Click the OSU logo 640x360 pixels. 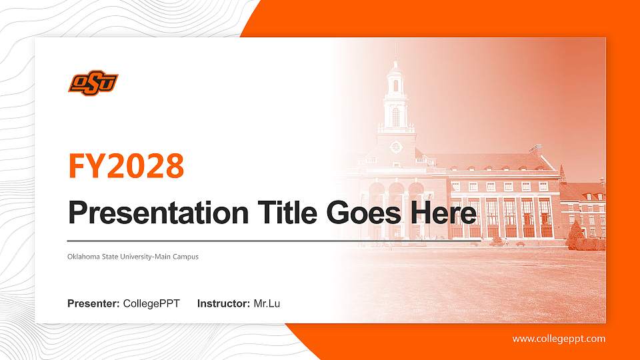click(x=93, y=82)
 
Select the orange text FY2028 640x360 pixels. click(x=126, y=166)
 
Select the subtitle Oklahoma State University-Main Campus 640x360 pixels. click(x=133, y=257)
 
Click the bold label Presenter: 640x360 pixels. click(x=93, y=304)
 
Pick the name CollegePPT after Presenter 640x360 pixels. click(x=151, y=304)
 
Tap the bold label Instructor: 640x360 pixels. click(x=224, y=304)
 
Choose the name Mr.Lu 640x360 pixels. click(x=267, y=304)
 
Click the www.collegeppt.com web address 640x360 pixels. click(x=559, y=339)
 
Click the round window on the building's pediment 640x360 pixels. click(x=395, y=146)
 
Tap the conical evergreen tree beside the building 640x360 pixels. click(x=575, y=235)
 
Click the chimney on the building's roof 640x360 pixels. click(x=535, y=150)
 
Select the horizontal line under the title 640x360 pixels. click(x=267, y=240)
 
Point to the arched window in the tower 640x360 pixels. click(x=395, y=117)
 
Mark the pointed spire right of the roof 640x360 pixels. click(x=562, y=173)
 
